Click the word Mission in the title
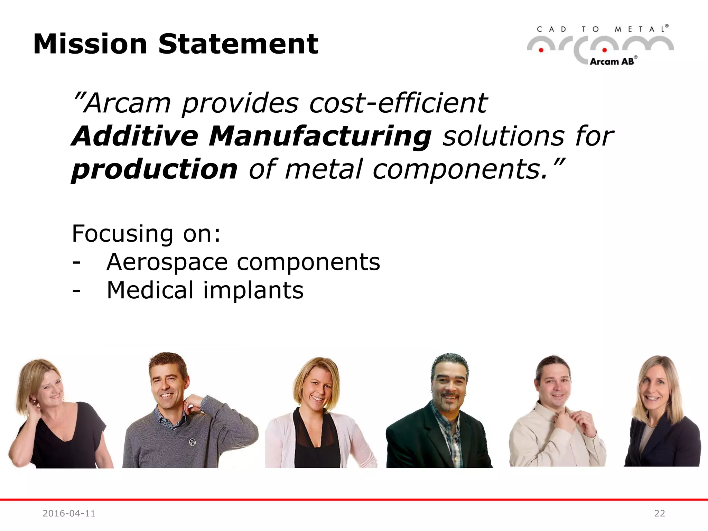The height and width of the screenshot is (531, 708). pyautogui.click(x=90, y=44)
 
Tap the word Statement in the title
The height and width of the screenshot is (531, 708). pyautogui.click(x=238, y=44)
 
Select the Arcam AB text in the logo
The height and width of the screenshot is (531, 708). pyautogui.click(x=612, y=62)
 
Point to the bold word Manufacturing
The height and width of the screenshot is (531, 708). pyautogui.click(x=320, y=136)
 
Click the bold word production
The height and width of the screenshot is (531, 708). pyautogui.click(x=155, y=169)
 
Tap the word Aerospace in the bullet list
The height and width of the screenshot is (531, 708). pyautogui.click(x=167, y=262)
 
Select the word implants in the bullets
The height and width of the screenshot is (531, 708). pyautogui.click(x=253, y=290)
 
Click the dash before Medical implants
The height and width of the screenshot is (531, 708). pyautogui.click(x=76, y=290)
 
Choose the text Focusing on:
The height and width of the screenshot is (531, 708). pyautogui.click(x=146, y=234)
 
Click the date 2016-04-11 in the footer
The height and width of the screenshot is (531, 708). pyautogui.click(x=69, y=513)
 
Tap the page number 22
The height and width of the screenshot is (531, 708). pyautogui.click(x=659, y=513)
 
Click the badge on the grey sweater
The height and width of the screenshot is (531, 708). pyautogui.click(x=193, y=441)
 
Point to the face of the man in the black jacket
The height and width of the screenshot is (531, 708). pyautogui.click(x=449, y=385)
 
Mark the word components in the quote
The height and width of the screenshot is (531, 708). pyautogui.click(x=460, y=169)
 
